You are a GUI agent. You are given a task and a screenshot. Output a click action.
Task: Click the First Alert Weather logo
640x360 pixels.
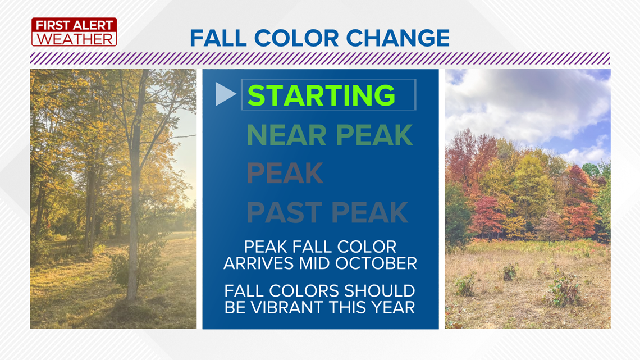click(x=74, y=32)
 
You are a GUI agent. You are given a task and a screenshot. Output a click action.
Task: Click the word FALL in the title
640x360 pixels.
click(x=218, y=38)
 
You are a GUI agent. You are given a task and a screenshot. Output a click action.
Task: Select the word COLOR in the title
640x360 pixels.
click(x=296, y=38)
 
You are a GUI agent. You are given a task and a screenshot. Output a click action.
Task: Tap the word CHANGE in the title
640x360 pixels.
click(x=398, y=38)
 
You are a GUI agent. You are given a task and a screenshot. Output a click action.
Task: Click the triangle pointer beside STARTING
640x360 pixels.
click(x=225, y=94)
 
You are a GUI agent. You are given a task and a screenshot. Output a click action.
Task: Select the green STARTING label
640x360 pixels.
click(x=321, y=95)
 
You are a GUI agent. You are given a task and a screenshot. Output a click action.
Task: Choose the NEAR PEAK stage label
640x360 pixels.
click(x=330, y=135)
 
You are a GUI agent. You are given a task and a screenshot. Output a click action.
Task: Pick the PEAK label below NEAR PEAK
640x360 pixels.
click(x=285, y=173)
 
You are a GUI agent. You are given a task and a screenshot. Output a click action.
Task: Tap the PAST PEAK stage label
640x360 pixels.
click(x=327, y=212)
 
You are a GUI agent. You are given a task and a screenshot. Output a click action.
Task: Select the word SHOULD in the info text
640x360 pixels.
click(x=379, y=291)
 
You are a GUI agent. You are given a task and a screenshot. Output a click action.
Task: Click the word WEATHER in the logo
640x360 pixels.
click(x=74, y=39)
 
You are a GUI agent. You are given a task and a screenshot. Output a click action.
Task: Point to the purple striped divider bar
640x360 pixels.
click(x=320, y=58)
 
